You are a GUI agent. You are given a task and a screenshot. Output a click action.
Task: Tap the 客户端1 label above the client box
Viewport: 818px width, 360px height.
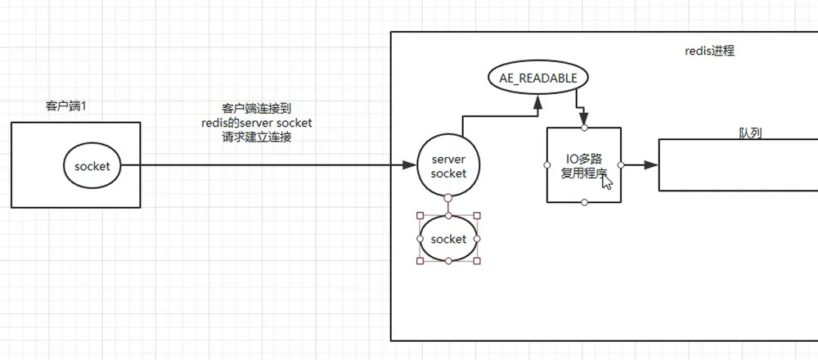click(66, 106)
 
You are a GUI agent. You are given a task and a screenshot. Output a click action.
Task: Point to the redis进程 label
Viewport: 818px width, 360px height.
click(709, 51)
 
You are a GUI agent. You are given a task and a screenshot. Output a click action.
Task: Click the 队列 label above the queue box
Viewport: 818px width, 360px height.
click(750, 133)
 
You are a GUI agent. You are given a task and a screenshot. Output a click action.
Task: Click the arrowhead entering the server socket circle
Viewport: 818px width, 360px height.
click(411, 165)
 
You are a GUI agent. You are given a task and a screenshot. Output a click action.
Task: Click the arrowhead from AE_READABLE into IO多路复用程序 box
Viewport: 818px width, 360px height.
click(584, 119)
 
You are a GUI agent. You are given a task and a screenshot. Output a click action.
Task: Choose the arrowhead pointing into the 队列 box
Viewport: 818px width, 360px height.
click(651, 165)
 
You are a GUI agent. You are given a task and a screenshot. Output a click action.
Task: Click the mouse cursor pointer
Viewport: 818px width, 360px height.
click(606, 183)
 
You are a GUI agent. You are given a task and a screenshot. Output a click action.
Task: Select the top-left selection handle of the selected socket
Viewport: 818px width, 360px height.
click(420, 215)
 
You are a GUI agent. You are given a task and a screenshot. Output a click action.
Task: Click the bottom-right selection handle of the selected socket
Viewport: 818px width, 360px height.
click(477, 261)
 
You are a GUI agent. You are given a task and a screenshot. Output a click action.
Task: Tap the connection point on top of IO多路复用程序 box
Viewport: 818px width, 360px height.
click(584, 128)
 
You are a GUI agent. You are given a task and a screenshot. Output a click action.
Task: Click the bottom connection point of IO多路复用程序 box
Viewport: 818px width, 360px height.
click(584, 202)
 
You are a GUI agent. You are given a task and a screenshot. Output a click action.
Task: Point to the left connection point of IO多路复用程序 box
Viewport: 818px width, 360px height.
click(546, 165)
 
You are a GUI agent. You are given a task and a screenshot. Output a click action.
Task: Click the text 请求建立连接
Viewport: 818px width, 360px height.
click(257, 138)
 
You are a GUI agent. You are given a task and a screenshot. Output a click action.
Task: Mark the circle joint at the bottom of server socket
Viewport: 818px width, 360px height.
click(448, 198)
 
